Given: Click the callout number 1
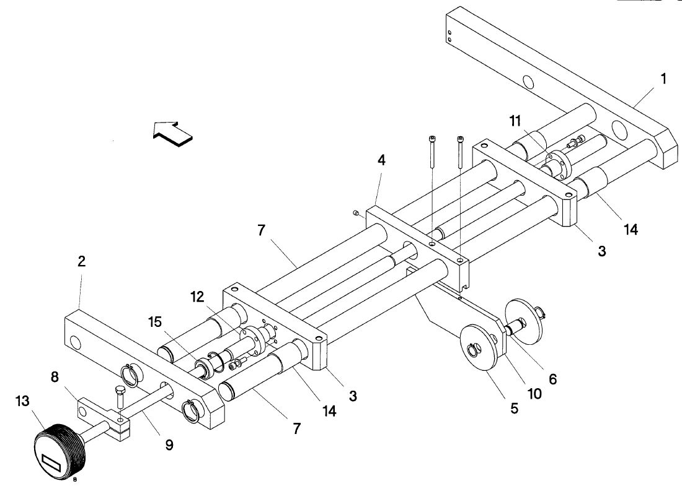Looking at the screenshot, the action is pyautogui.click(x=663, y=79).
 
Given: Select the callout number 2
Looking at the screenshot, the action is pyautogui.click(x=81, y=261).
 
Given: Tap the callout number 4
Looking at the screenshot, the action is pyautogui.click(x=381, y=160).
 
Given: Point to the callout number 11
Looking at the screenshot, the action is pyautogui.click(x=515, y=121).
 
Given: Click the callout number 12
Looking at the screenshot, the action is pyautogui.click(x=197, y=297).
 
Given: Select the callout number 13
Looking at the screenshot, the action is pyautogui.click(x=22, y=401).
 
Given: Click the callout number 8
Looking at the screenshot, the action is pyautogui.click(x=55, y=377).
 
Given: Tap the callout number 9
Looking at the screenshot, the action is pyautogui.click(x=169, y=445).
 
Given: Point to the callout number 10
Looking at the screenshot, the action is pyautogui.click(x=534, y=394).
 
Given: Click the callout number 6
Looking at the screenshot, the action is pyautogui.click(x=552, y=379).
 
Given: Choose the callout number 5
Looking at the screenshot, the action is pyautogui.click(x=514, y=408).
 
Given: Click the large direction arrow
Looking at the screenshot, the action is pyautogui.click(x=173, y=134).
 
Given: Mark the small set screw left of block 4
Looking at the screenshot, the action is pyautogui.click(x=355, y=212).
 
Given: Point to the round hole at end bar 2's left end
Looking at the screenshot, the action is pyautogui.click(x=75, y=342).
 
